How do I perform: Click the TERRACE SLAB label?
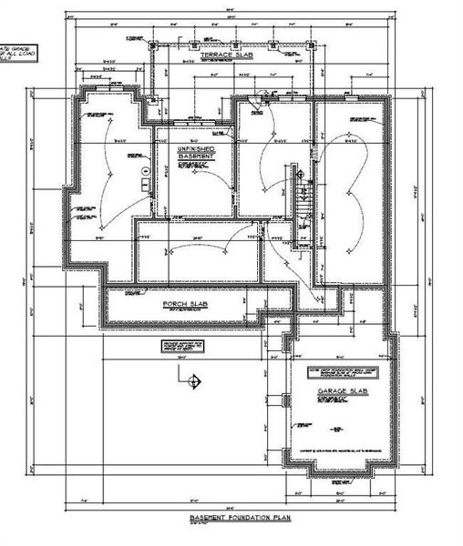pos(226,56)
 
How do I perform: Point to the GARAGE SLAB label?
pos(342,391)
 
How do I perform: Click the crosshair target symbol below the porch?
pos(192,383)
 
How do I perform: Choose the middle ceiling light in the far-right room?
pos(349,193)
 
